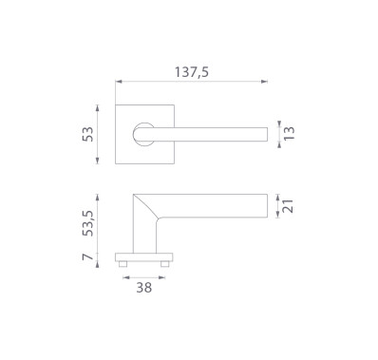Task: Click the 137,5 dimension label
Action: coord(192,72)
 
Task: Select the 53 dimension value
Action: coord(88,134)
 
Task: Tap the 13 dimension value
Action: coord(289,133)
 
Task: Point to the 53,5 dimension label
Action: coord(88,223)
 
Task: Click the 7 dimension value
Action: coord(88,256)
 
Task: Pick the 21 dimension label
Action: coord(288,206)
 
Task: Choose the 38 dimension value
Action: coord(144,288)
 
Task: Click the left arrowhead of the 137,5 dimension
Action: coord(119,82)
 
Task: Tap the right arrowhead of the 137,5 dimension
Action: coord(264,82)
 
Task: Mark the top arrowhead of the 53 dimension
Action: coord(98,108)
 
